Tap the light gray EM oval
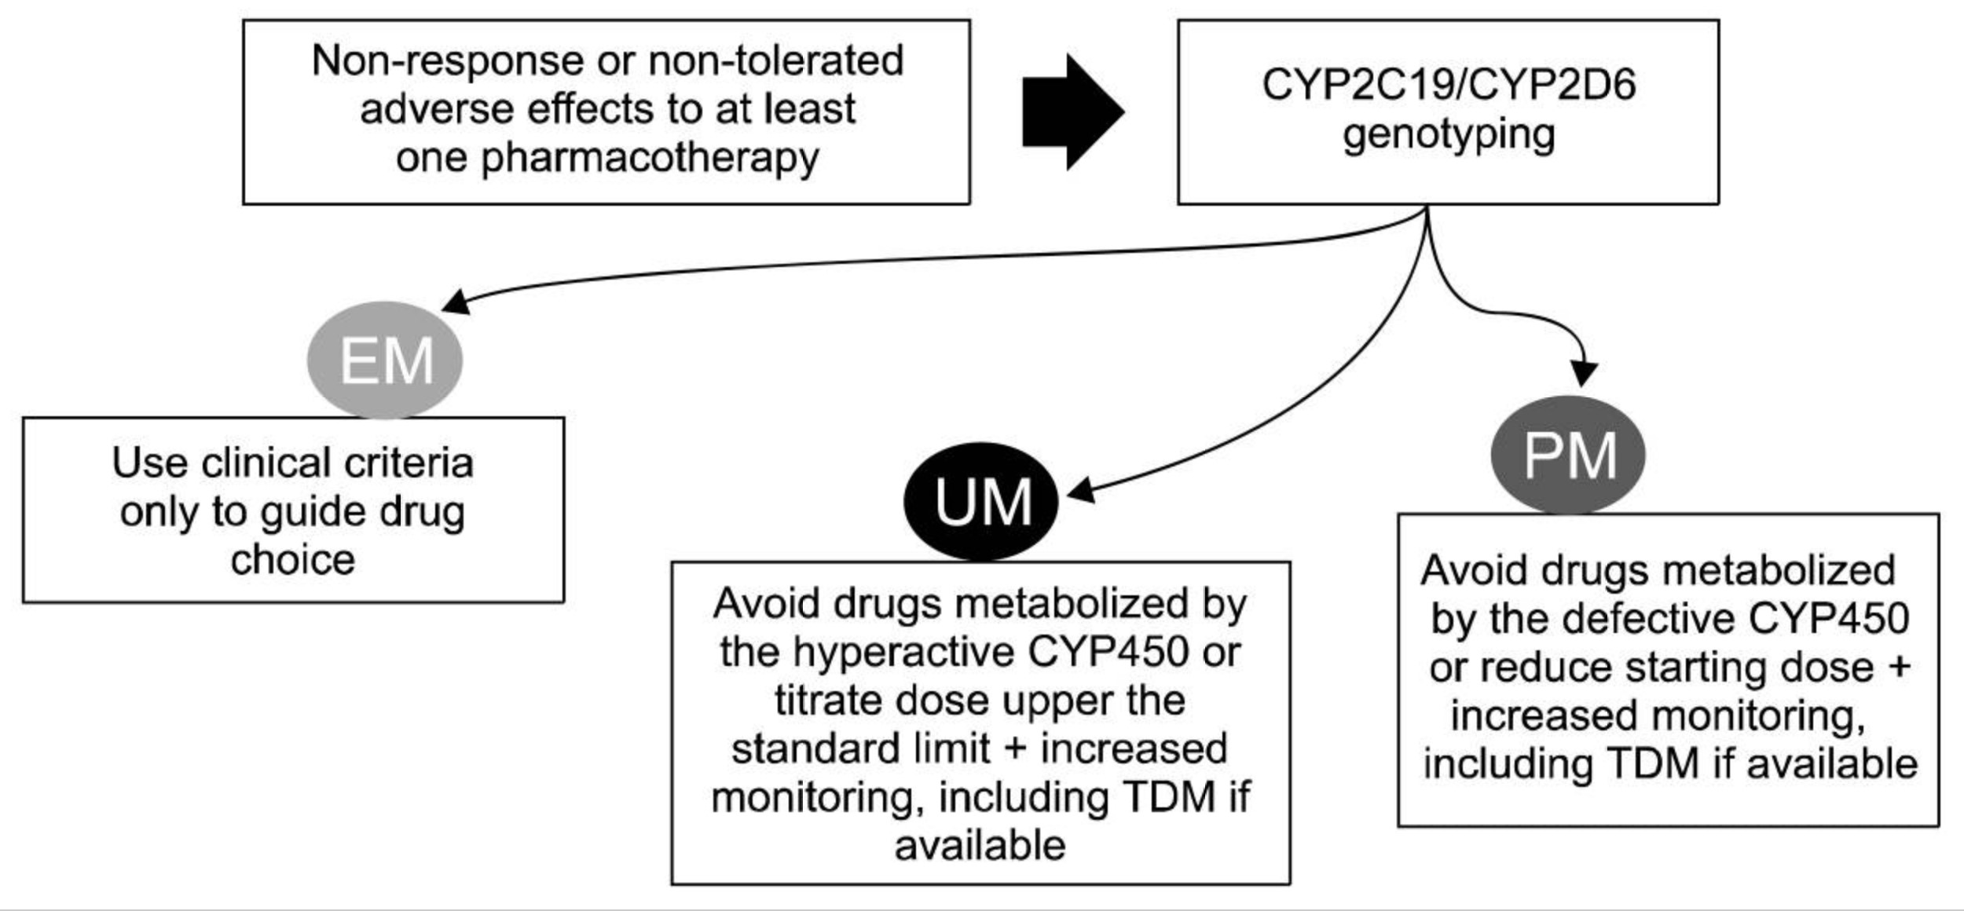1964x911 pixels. coord(384,360)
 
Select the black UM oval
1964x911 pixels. coord(981,501)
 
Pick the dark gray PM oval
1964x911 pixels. coord(1568,455)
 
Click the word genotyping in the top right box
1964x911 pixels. coord(1449,135)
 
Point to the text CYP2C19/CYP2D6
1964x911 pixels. coord(1449,84)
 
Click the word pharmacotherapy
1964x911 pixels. coord(650,158)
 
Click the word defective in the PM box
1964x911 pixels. coord(1669,619)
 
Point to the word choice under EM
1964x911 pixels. coord(292,560)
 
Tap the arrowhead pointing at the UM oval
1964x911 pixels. coord(1080,489)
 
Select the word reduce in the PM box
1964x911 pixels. coord(1547,668)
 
